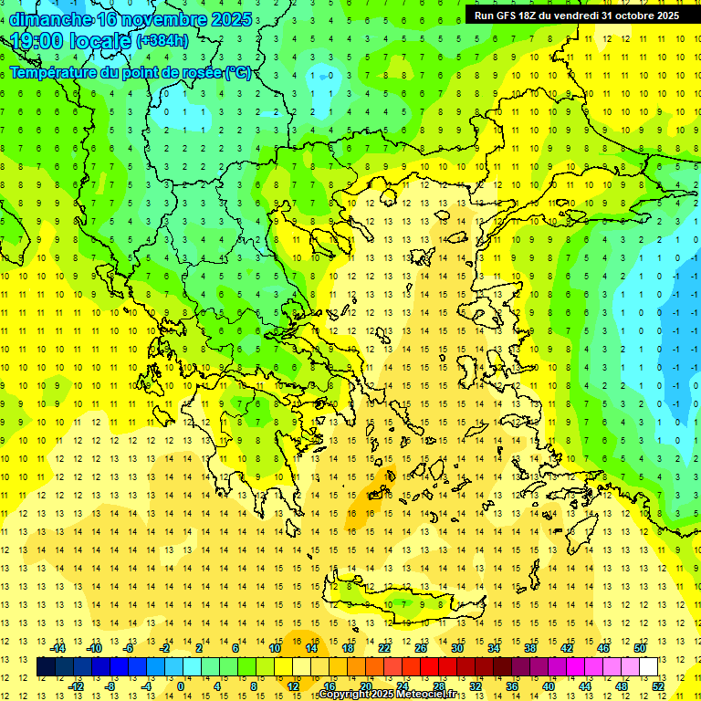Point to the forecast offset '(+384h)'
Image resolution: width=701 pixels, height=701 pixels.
[162, 41]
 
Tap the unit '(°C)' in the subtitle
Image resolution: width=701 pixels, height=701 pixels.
[237, 72]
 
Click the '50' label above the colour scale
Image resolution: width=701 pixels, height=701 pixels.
[639, 648]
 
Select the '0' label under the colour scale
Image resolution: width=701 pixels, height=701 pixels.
[181, 686]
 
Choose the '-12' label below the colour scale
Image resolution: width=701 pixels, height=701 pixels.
[76, 686]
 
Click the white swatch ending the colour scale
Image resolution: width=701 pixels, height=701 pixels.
[648, 667]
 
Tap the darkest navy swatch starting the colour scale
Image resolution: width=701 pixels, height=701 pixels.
[46, 667]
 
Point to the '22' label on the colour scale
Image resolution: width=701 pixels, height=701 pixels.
[384, 648]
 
